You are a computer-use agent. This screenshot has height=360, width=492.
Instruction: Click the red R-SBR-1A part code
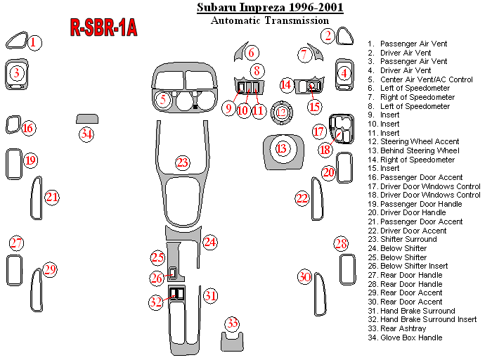103,27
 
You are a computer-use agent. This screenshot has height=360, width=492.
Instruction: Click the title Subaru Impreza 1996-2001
270,8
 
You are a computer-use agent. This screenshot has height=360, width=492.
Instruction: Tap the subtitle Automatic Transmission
270,20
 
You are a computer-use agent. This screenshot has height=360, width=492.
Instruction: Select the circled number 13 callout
282,148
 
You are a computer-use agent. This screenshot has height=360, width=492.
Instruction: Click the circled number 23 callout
182,162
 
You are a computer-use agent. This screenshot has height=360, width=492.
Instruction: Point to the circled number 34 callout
86,134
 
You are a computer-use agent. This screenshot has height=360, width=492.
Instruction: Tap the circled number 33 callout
232,323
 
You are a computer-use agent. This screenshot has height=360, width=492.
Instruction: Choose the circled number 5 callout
163,100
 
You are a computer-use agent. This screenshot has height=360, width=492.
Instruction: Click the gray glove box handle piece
87,119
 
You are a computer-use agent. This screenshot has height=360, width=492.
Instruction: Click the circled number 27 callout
16,243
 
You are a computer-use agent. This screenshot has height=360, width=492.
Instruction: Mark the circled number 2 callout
328,35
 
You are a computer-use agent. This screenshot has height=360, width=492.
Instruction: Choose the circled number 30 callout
304,277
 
